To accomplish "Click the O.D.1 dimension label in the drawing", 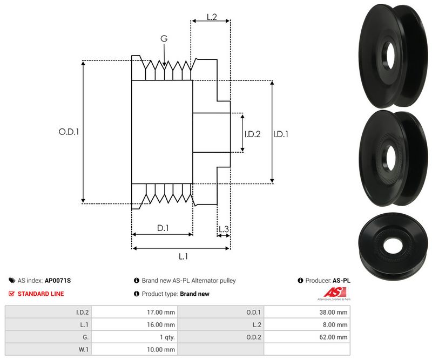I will (x=69, y=131).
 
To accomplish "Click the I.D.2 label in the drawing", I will (x=252, y=134).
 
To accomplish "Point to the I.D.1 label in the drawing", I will (x=280, y=134).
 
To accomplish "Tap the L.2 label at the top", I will (x=212, y=18).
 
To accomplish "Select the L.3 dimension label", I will (x=224, y=229).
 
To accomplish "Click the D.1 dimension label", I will (x=163, y=228).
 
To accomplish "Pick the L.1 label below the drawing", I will (x=183, y=256).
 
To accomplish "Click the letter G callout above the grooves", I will (x=164, y=38).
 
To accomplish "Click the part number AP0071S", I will (x=57, y=281).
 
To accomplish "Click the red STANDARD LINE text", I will (x=40, y=294).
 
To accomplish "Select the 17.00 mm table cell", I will (x=163, y=311).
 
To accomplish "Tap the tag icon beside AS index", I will (x=12, y=281).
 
